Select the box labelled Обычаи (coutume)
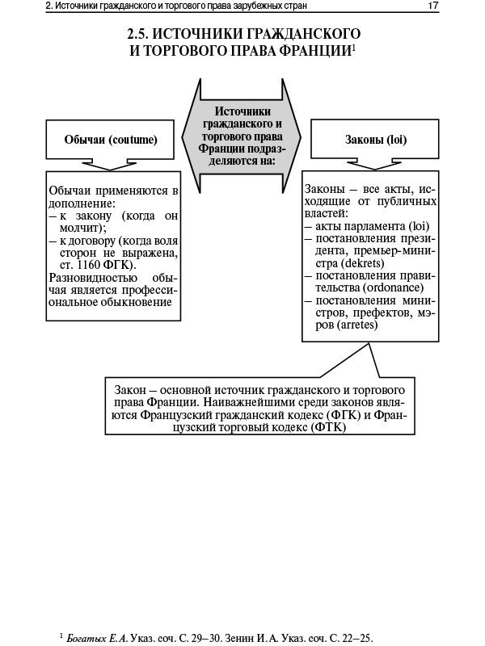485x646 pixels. (111, 140)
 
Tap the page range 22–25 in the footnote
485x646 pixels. (356, 638)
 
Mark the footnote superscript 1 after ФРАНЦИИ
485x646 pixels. (355, 47)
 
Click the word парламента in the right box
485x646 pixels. (377, 226)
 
